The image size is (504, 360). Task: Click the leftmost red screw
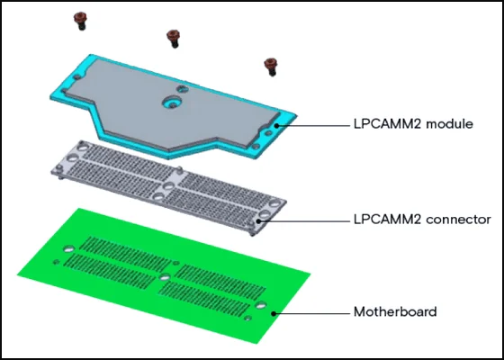(80, 21)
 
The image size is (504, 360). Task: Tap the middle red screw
(173, 39)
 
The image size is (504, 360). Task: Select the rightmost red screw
(271, 67)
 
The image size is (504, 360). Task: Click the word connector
(459, 220)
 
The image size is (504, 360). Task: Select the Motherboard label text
(395, 311)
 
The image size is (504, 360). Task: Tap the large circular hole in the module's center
(172, 103)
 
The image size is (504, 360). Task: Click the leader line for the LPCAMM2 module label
(311, 126)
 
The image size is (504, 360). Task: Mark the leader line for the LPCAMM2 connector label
(302, 221)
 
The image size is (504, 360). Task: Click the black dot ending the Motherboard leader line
(274, 313)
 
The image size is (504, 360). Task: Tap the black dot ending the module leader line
(276, 126)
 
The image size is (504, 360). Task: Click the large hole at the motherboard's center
(165, 277)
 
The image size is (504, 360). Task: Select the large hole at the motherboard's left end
(68, 248)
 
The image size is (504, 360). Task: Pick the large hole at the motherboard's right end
(261, 305)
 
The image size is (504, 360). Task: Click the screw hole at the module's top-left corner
(76, 77)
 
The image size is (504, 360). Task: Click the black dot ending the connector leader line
(259, 221)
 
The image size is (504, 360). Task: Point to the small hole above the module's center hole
(182, 89)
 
